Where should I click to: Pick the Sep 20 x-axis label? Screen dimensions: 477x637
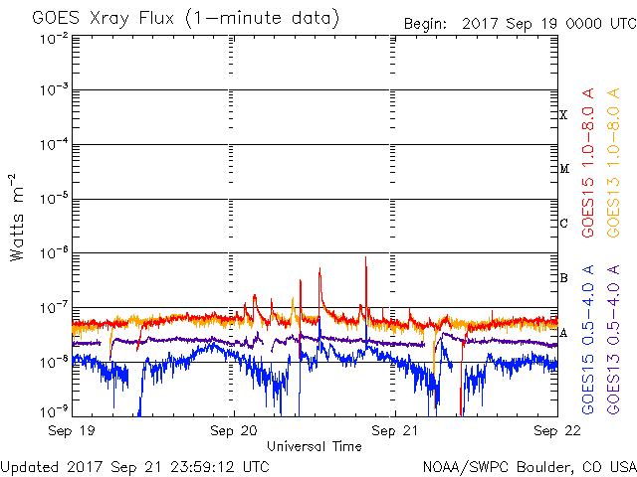(234, 432)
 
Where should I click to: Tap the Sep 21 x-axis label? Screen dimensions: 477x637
(395, 432)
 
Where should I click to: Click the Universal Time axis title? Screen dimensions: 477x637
(314, 446)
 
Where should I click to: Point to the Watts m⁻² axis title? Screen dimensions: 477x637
(18, 227)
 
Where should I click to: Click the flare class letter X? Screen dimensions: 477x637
(563, 115)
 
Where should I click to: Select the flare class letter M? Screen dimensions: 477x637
(563, 169)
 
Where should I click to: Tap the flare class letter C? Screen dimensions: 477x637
(563, 224)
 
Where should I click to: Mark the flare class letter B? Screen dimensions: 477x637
(563, 278)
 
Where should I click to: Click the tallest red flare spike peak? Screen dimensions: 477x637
(365, 257)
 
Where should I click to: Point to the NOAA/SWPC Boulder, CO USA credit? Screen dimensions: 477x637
(528, 465)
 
